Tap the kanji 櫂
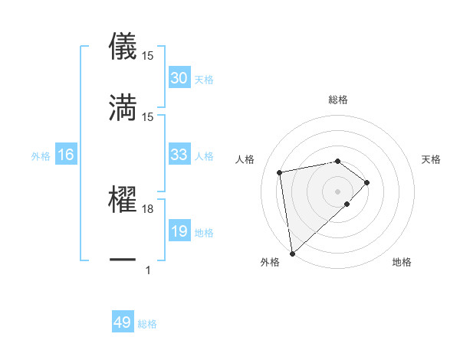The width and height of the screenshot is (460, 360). click(x=123, y=198)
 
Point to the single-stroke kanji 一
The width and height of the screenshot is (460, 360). click(x=123, y=260)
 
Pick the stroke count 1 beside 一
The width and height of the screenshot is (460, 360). click(x=147, y=270)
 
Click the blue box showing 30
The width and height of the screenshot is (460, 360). click(x=179, y=78)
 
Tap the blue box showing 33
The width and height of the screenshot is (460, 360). click(x=179, y=155)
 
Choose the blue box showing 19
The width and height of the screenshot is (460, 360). click(x=179, y=231)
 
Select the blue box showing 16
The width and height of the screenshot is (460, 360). click(x=66, y=155)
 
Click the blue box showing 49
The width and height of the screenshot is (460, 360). click(x=123, y=322)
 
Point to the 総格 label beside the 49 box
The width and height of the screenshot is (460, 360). click(x=147, y=324)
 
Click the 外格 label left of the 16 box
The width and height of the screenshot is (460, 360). click(x=41, y=155)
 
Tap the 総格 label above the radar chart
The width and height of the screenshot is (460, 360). click(x=338, y=100)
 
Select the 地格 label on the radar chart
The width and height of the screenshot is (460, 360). click(x=402, y=262)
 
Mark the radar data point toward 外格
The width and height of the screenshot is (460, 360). click(x=291, y=253)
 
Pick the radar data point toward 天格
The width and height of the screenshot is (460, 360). click(x=367, y=182)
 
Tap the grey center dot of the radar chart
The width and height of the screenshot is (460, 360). click(x=338, y=191)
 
